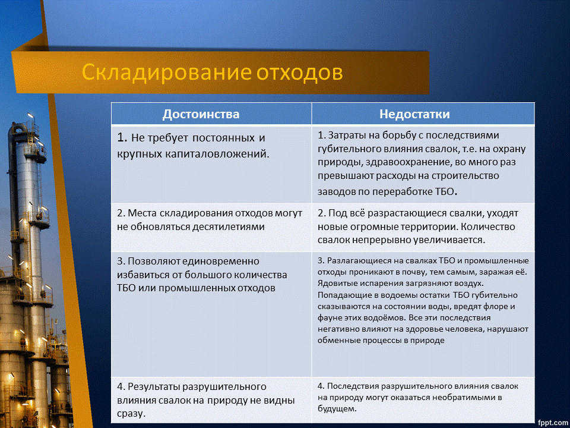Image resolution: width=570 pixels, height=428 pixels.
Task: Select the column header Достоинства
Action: point(201,114)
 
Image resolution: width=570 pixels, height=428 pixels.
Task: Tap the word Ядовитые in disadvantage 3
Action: point(337,283)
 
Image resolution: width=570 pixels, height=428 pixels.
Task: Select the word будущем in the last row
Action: point(336,409)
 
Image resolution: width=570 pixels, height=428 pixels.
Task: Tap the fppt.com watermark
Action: point(552,421)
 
